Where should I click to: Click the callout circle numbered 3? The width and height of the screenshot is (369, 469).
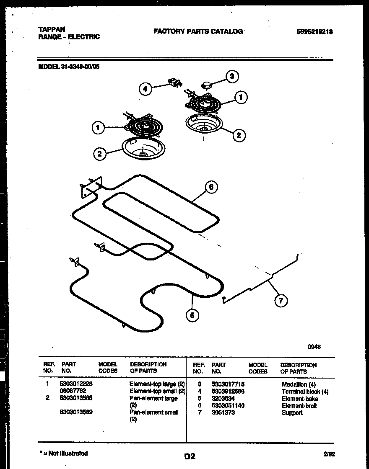(232, 76)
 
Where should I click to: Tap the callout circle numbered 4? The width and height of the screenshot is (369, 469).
(145, 89)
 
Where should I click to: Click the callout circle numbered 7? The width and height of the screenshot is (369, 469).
(281, 300)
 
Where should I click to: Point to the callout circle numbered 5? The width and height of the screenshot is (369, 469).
(192, 315)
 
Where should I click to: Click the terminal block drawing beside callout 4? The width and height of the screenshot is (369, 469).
(174, 82)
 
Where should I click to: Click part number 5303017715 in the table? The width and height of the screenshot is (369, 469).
(228, 384)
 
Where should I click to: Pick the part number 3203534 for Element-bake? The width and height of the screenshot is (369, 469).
(223, 398)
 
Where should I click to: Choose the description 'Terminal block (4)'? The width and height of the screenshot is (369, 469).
(305, 392)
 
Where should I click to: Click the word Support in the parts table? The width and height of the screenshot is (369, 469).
(292, 413)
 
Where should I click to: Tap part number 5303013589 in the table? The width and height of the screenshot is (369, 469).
(76, 412)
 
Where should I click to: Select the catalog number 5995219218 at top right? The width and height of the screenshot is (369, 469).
(314, 32)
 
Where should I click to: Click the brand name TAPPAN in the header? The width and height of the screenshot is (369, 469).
(52, 29)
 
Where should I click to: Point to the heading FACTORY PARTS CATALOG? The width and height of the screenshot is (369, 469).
(198, 31)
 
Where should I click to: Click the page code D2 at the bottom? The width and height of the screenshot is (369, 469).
(190, 456)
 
